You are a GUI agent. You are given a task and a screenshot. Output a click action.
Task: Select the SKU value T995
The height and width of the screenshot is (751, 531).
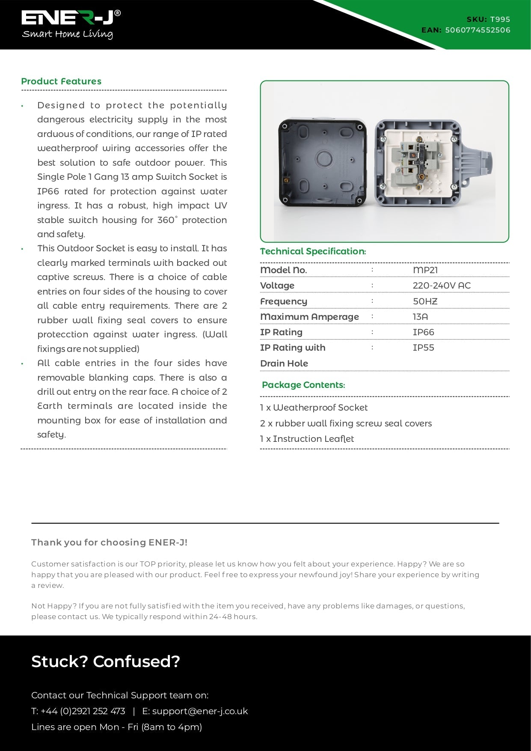click(x=500, y=19)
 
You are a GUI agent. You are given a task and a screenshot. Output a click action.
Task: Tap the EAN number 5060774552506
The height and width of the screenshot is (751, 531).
click(x=478, y=30)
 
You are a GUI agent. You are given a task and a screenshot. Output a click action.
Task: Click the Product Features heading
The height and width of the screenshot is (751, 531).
click(x=61, y=81)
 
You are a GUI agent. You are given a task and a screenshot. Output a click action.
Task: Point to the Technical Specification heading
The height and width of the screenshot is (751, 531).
click(x=313, y=251)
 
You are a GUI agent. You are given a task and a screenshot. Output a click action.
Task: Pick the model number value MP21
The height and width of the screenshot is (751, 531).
click(x=425, y=270)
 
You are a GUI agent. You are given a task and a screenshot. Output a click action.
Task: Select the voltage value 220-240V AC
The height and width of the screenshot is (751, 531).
click(x=441, y=286)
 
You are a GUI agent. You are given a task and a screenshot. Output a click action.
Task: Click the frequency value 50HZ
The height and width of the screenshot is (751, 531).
click(x=425, y=301)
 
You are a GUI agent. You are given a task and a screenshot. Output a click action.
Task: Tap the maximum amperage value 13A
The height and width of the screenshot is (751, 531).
click(x=420, y=317)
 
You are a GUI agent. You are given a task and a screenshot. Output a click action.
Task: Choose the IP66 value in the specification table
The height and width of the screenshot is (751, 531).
click(x=423, y=332)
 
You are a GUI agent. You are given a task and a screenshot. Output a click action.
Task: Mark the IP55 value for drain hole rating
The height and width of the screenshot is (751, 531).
click(x=423, y=348)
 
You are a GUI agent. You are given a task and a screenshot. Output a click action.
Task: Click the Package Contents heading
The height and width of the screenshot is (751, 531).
click(x=303, y=385)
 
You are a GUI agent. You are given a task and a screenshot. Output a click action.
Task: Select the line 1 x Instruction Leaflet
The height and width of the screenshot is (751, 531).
click(x=307, y=439)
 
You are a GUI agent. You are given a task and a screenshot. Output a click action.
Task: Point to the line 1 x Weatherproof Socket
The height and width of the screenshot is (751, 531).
click(x=314, y=408)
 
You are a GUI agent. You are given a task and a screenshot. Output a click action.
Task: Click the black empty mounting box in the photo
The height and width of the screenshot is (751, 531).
click(x=323, y=162)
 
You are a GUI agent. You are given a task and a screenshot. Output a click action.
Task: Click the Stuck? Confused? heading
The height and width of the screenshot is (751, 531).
click(x=106, y=662)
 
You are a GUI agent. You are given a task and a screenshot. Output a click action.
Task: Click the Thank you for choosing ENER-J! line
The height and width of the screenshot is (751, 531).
click(x=109, y=542)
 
